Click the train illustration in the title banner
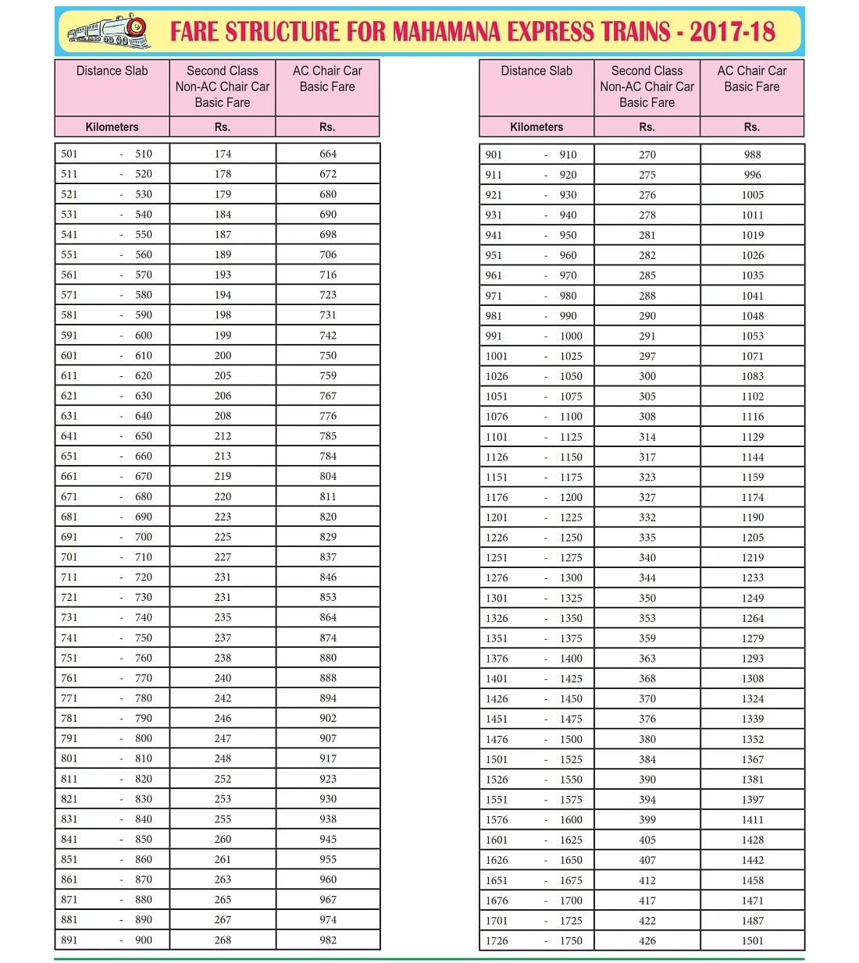click(109, 32)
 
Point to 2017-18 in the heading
click(732, 32)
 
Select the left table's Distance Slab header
click(112, 71)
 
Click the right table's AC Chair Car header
click(751, 79)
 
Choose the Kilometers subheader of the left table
click(112, 127)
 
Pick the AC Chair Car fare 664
click(328, 154)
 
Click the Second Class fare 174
click(223, 154)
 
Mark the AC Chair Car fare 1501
click(753, 940)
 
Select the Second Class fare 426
click(647, 940)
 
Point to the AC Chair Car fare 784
click(328, 456)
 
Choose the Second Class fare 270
click(647, 155)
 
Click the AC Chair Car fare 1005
click(753, 195)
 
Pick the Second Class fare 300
click(647, 376)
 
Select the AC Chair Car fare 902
click(328, 718)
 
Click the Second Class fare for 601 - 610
click(223, 355)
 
